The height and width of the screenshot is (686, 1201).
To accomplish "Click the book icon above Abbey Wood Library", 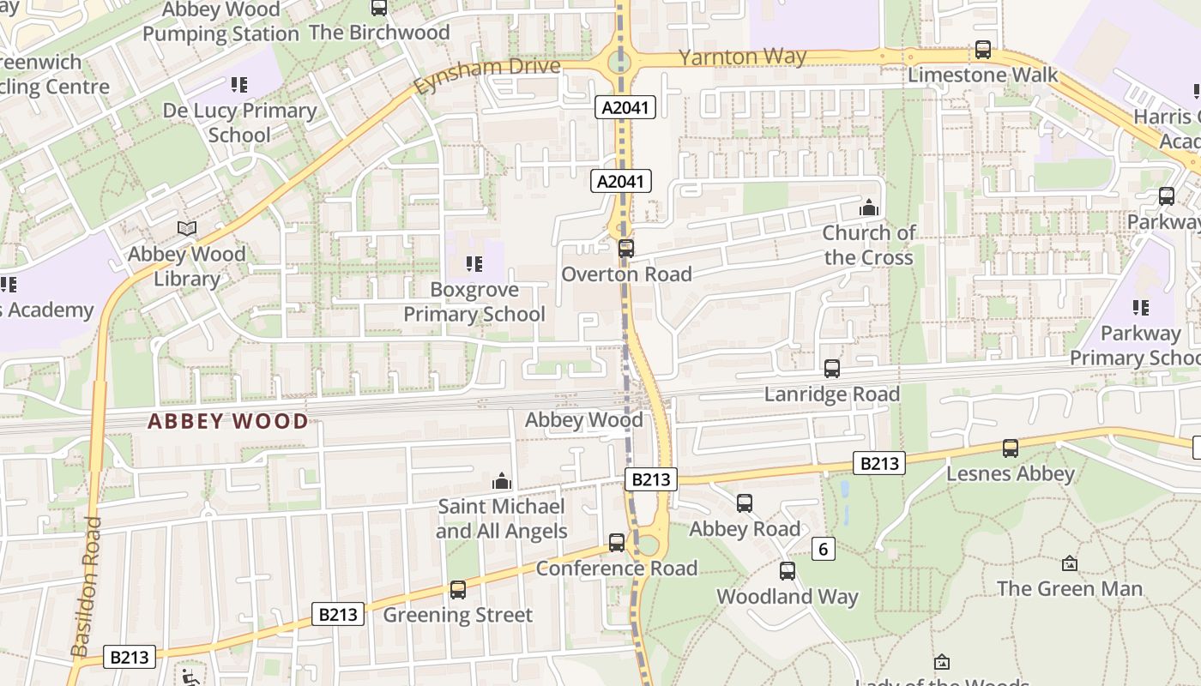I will point(187,228).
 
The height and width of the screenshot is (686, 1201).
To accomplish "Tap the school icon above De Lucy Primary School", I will point(239,85).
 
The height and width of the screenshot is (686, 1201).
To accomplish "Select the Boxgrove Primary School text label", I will point(474,302).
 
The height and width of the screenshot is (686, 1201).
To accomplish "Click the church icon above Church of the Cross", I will point(869,208).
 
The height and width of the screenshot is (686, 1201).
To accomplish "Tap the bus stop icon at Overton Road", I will point(626,249).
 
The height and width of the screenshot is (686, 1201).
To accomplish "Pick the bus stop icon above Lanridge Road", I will point(832,369).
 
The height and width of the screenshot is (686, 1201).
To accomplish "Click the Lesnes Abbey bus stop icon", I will point(1011,448).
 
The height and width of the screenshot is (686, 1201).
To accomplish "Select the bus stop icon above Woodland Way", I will point(788,571).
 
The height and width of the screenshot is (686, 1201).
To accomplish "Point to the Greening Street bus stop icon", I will point(458,589).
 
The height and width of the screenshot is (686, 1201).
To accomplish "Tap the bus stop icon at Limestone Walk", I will point(983,50).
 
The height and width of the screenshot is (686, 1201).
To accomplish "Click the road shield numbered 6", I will point(824,549).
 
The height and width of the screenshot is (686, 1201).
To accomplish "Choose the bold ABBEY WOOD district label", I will point(227,421).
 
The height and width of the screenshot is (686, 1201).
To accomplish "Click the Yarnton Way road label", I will point(742,57).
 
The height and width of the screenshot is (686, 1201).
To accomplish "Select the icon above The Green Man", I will point(1069,563).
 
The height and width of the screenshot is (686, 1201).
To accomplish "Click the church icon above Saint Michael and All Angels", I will point(502,482).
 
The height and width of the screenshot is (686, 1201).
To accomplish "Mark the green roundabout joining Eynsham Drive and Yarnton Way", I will point(617,62).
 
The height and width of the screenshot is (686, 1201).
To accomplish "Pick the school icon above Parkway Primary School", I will point(1141,307).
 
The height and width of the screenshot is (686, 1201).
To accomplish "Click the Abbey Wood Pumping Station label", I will point(220,22).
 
